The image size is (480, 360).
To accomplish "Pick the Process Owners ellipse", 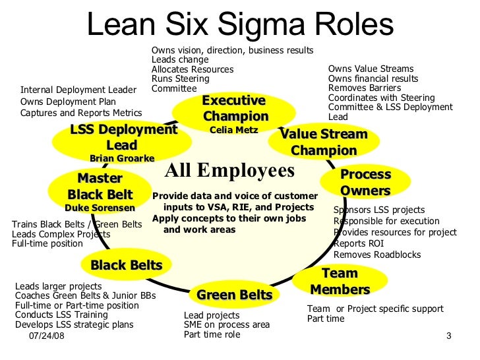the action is point(365,183).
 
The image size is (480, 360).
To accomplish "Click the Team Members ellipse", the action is point(340,282).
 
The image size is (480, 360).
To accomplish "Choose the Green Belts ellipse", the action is point(234,295).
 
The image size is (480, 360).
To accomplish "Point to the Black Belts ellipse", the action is point(126,265).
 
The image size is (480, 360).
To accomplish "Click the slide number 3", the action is point(448,338).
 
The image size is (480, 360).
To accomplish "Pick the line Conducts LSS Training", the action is point(61,315).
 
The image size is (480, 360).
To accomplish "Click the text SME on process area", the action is point(227,324).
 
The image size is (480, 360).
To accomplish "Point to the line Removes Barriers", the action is point(364,88).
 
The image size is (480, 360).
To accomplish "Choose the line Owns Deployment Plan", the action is point(68,102).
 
